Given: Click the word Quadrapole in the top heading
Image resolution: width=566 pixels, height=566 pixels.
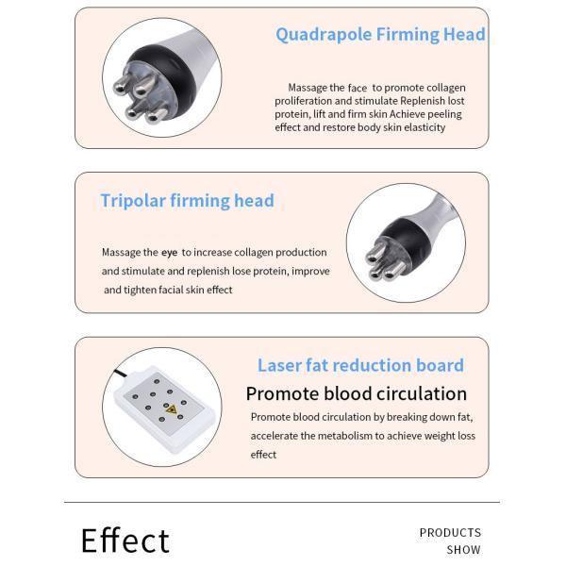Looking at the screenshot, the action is point(324,35).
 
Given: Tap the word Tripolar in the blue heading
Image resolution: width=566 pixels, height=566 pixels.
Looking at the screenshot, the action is point(133,201).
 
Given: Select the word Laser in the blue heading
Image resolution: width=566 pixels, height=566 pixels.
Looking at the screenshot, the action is point(279,365).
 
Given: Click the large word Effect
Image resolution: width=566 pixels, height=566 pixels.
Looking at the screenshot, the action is point(125,541).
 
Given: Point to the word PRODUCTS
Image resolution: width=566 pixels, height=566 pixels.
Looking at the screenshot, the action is point(450,533).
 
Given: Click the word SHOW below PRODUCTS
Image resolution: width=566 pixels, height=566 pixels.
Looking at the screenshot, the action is point(463,550).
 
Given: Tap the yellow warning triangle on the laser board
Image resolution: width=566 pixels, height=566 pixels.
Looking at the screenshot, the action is point(171,409).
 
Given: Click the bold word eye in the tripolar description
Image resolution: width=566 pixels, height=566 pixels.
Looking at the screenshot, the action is point(169,253).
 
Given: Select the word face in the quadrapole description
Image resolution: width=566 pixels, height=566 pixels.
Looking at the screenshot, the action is point(358,88).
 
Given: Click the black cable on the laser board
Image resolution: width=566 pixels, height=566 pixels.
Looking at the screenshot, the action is point(121,374).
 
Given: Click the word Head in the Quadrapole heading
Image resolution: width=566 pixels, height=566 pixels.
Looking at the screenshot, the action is point(464,35).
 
